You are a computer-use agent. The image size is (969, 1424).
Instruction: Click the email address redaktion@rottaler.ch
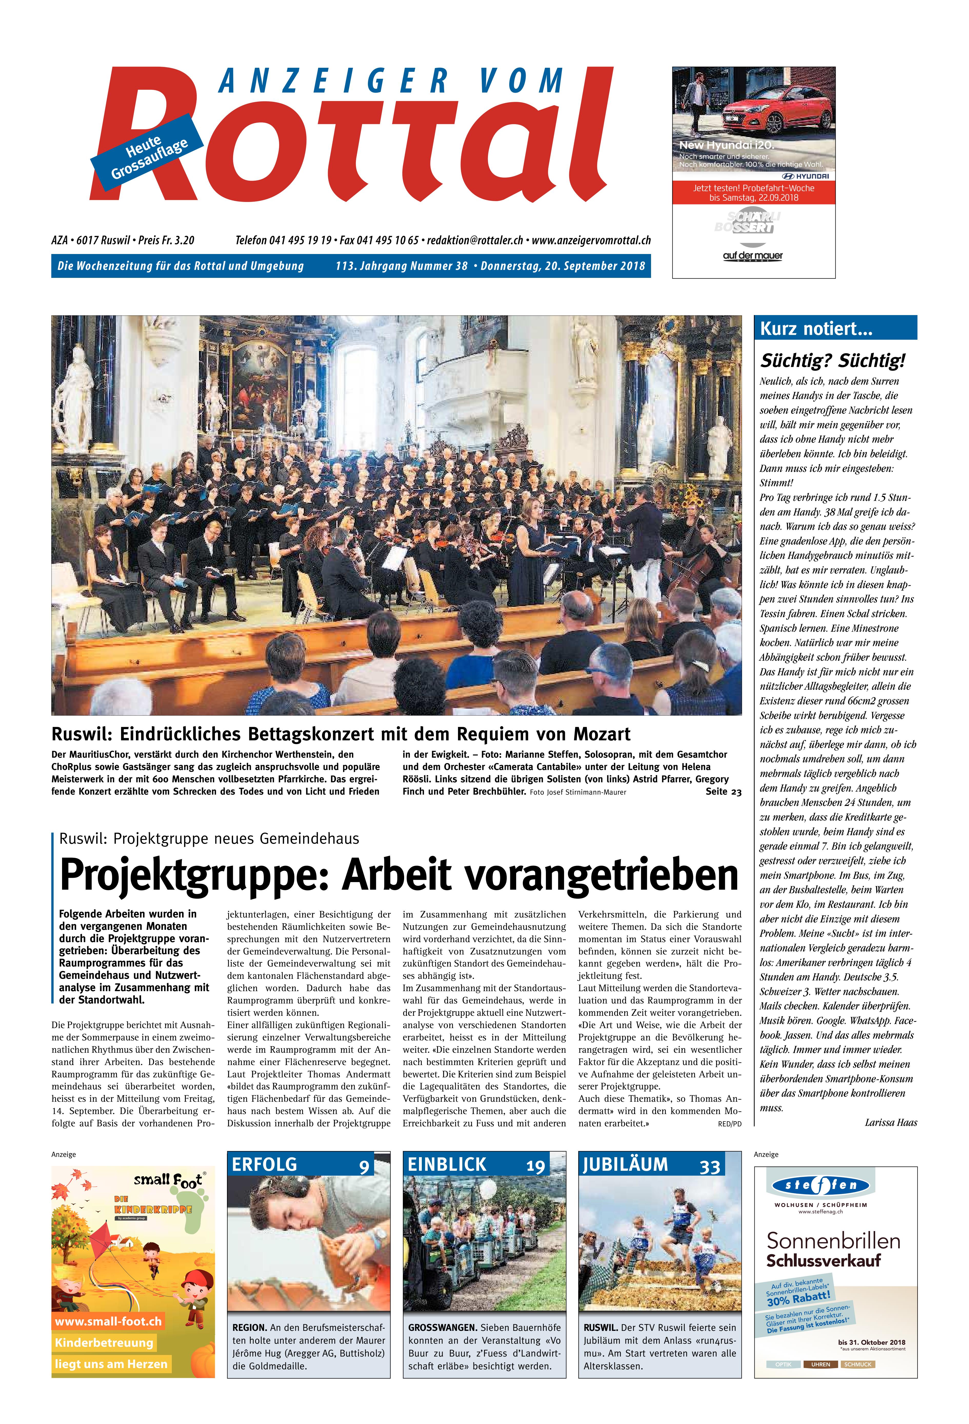coord(475,240)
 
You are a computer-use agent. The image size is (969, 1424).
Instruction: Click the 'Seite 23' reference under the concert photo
coord(723,792)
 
